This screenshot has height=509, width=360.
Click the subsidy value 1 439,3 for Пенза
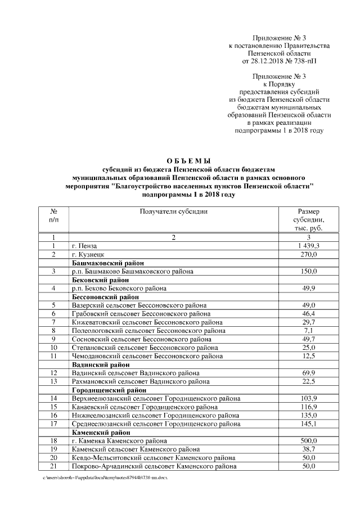(x=309, y=246)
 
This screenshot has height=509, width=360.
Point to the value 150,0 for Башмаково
(x=309, y=272)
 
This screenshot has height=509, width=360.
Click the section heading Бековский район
(x=100, y=280)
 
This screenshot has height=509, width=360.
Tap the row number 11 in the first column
(x=53, y=355)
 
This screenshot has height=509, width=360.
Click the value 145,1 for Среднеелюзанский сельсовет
(x=309, y=424)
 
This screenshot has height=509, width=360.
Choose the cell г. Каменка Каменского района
(x=119, y=440)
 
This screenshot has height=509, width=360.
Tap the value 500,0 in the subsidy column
(x=309, y=440)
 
